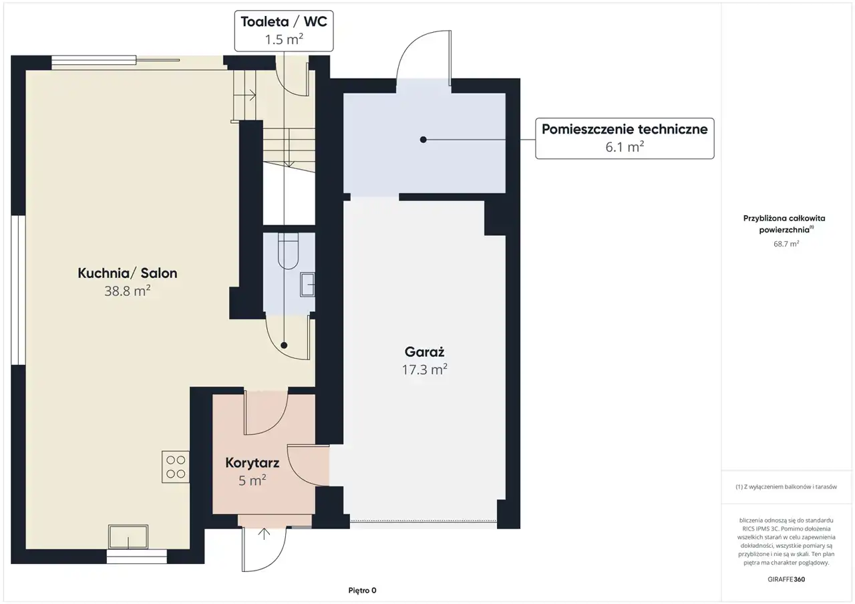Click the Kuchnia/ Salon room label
128,273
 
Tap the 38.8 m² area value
128,291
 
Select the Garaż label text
424,351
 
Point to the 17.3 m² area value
424,369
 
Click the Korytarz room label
252,463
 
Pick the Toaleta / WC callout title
284,22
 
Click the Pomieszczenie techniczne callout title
625,129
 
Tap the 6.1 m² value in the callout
625,147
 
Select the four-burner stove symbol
176,466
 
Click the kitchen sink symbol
128,537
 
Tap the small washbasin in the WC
307,285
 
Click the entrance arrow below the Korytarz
264,534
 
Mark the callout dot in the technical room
423,140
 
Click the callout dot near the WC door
284,345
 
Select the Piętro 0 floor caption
362,590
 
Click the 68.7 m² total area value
786,244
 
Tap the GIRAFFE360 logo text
786,579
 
